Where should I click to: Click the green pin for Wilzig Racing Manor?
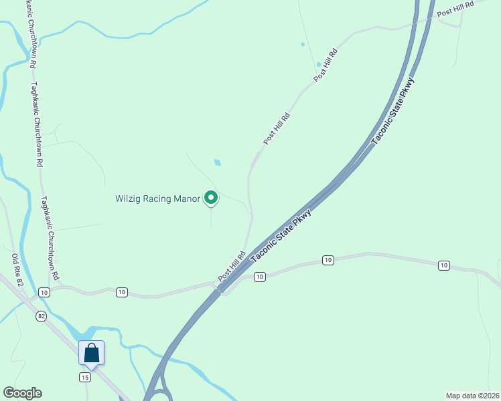click(x=211, y=198)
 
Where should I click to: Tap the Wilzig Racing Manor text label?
click(x=157, y=198)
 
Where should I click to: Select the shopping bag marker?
click(x=91, y=353)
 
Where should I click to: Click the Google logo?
click(x=22, y=393)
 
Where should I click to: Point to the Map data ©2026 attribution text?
click(x=472, y=395)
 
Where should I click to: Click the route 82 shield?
click(x=42, y=317)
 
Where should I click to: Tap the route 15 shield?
click(x=84, y=378)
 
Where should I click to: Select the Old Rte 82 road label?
click(x=18, y=271)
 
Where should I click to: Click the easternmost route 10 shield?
click(x=443, y=265)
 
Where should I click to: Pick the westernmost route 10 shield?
click(x=44, y=292)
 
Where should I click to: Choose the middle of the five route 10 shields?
click(x=260, y=276)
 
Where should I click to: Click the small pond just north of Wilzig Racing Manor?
click(x=217, y=162)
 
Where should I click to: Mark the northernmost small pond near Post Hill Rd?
click(x=302, y=45)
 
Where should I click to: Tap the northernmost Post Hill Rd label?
click(x=455, y=9)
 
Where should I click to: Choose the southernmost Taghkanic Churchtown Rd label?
click(x=50, y=238)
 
